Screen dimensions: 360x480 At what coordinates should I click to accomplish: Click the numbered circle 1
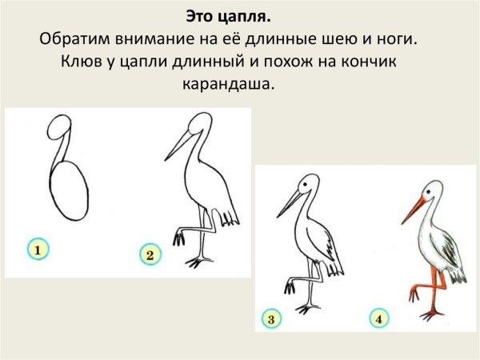[x=38, y=250]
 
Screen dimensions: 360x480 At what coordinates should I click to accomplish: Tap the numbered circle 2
[x=150, y=255]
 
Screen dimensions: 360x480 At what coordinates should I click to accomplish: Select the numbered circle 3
[x=271, y=320]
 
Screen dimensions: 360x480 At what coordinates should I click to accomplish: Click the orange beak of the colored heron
[x=414, y=210]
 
